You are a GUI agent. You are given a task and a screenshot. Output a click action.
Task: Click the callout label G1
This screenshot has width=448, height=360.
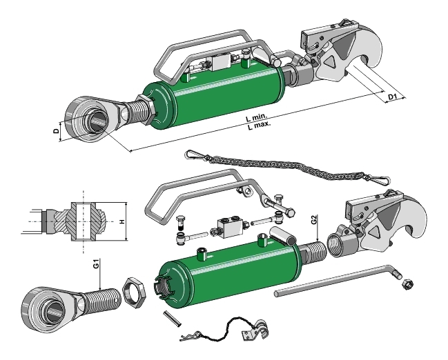point(96,265)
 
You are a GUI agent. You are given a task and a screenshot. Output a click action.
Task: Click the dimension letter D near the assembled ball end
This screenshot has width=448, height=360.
point(57,130)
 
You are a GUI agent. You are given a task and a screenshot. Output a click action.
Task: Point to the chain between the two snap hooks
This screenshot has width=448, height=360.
point(290,165)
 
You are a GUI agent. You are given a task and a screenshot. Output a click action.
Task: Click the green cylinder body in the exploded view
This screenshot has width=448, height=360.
point(228,272)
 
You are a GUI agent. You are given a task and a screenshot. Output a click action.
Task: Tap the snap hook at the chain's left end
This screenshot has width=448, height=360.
point(197,154)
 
